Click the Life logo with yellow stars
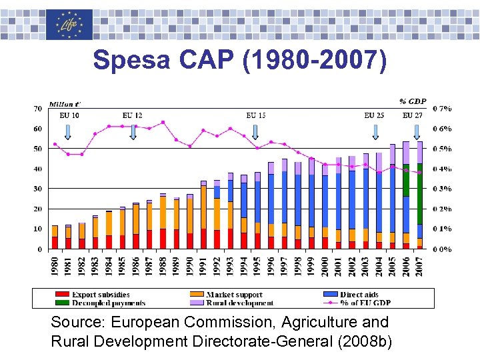click(x=69, y=25)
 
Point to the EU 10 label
click(x=69, y=115)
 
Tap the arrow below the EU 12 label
click(x=133, y=131)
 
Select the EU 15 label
click(x=256, y=115)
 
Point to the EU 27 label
click(x=413, y=115)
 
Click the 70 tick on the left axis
click(x=37, y=108)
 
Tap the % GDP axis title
click(x=413, y=101)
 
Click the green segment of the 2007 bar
click(x=419, y=193)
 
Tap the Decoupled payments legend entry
click(x=100, y=303)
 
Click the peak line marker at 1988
click(x=163, y=122)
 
